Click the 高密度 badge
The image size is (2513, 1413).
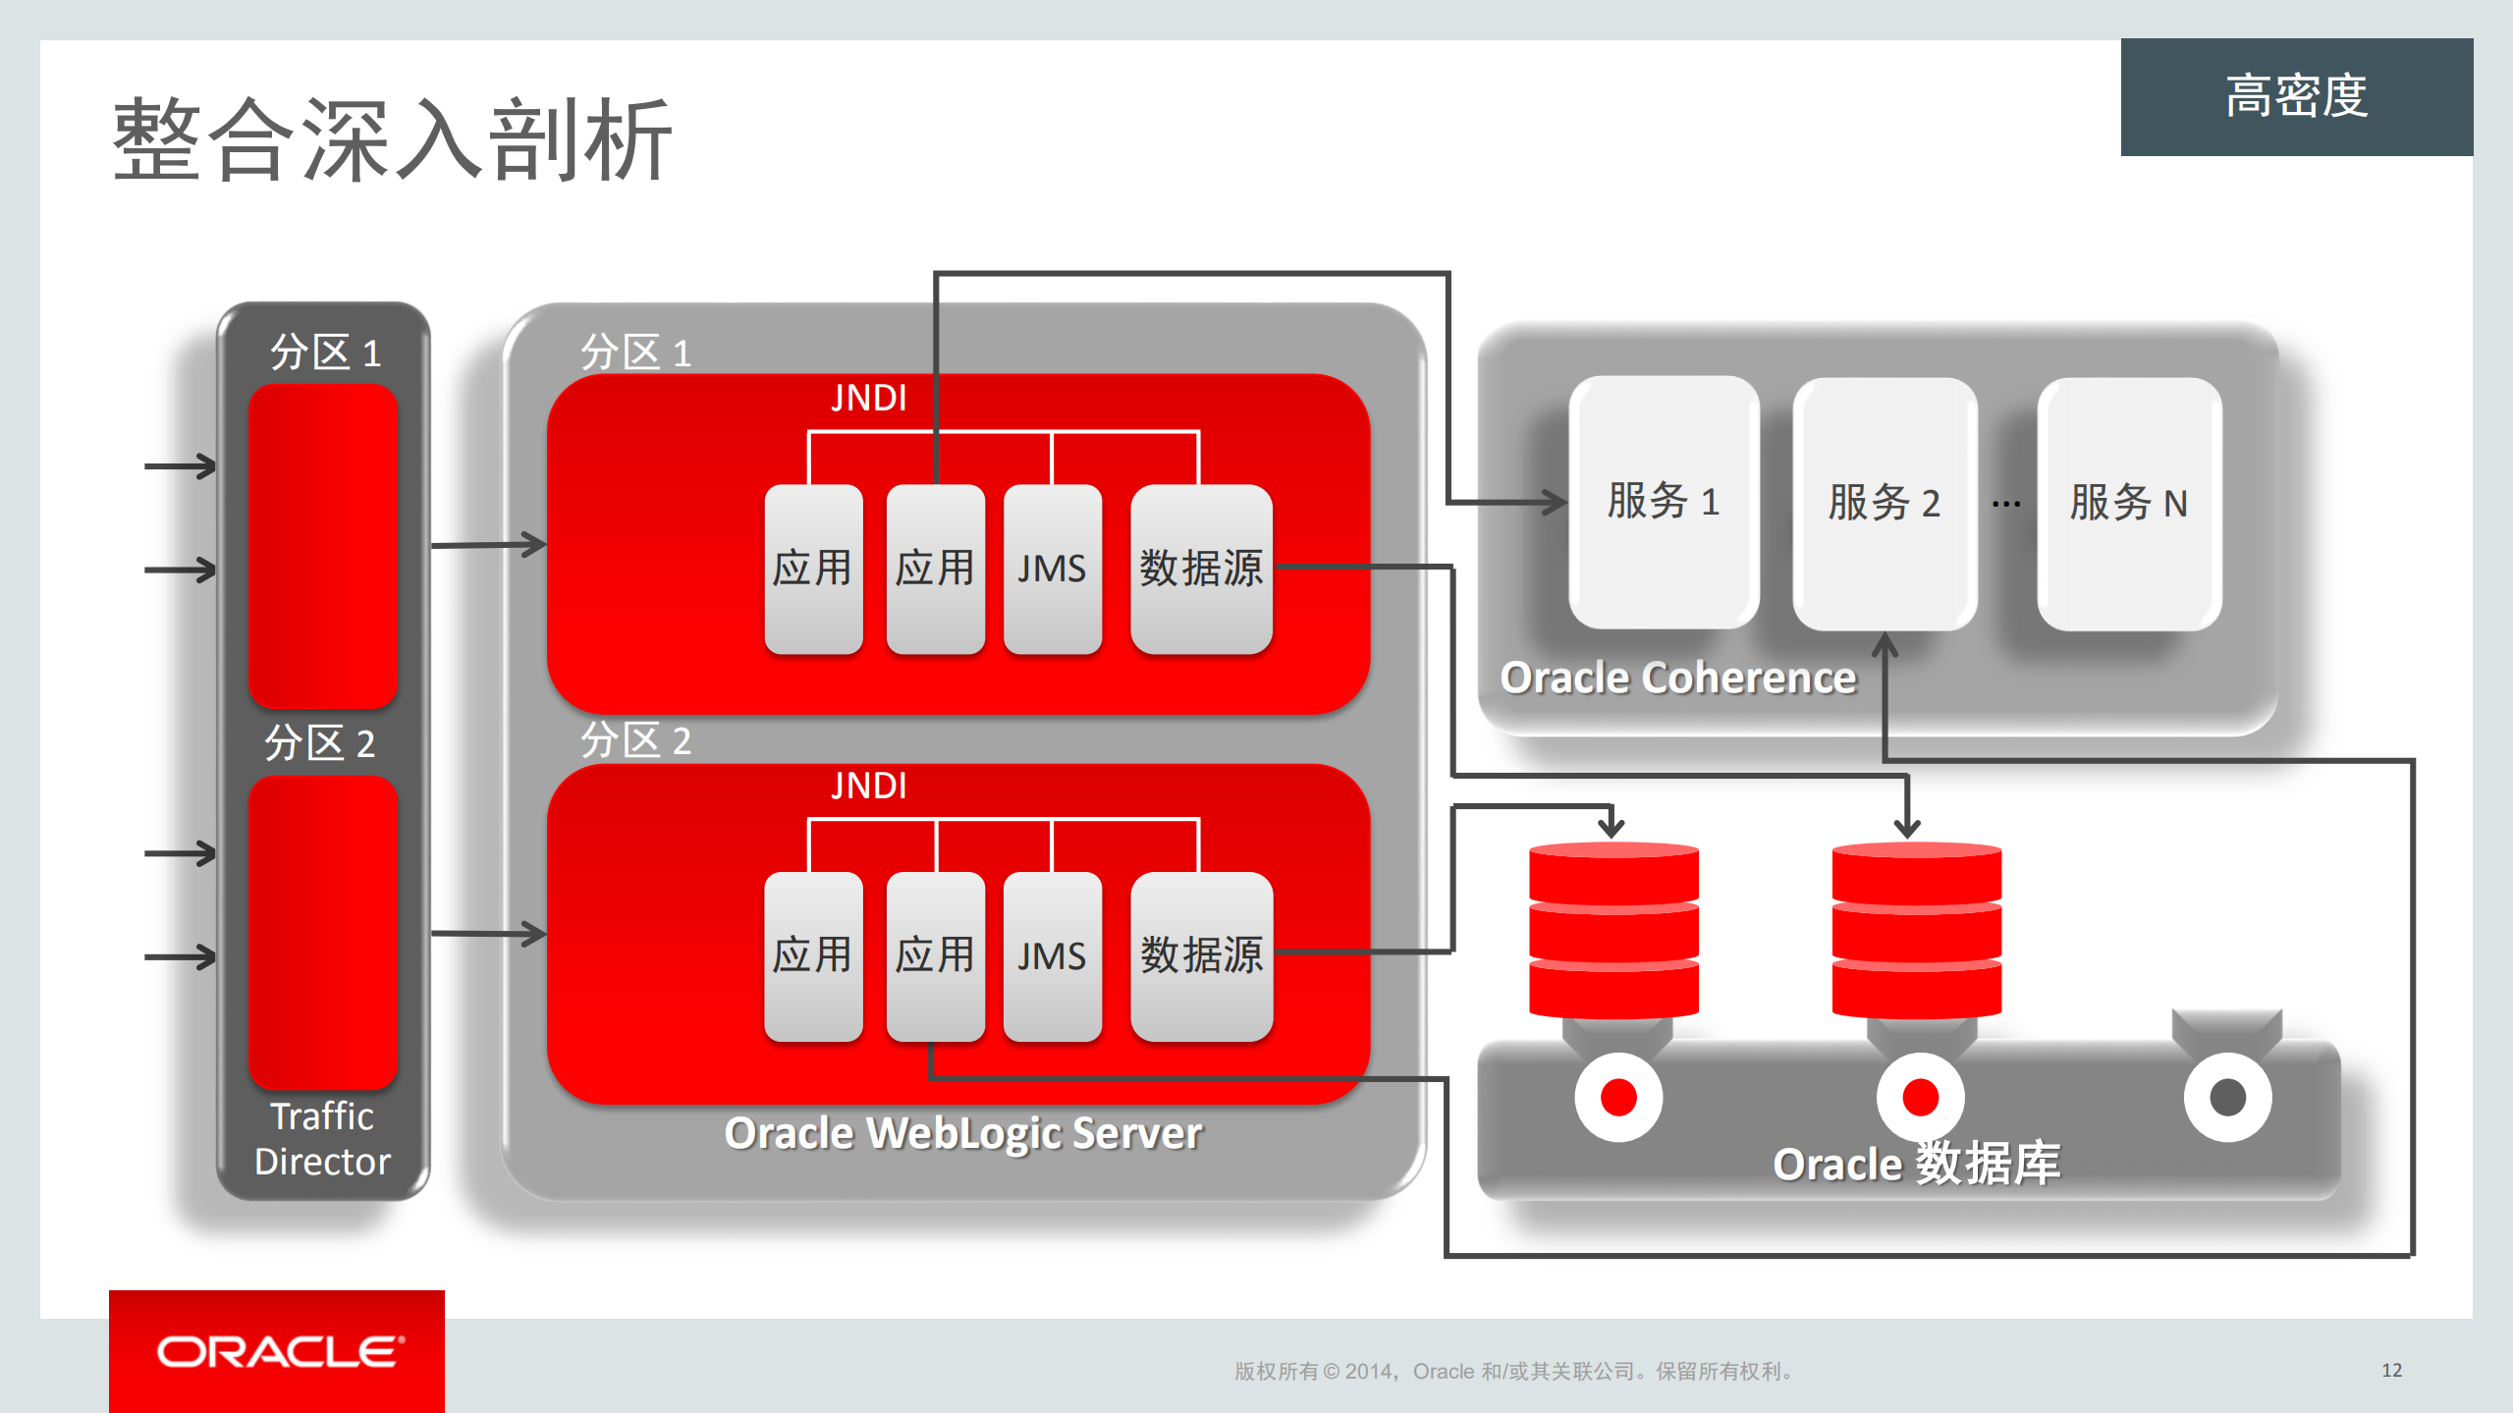tap(2296, 96)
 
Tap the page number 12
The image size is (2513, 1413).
tap(2391, 1370)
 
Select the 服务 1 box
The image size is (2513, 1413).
tap(1663, 502)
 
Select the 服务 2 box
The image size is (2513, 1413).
tap(1884, 503)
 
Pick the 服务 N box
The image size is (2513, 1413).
tap(2128, 503)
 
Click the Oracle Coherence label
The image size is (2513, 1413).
tap(1677, 678)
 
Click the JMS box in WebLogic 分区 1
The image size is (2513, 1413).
tap(1052, 569)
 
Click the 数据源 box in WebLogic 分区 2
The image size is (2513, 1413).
tap(1201, 955)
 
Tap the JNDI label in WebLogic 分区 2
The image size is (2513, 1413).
tap(868, 786)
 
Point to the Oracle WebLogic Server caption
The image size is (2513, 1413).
tap(962, 1133)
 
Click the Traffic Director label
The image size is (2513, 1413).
tap(322, 1139)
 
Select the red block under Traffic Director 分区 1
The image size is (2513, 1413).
tap(322, 545)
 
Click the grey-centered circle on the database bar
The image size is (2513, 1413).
tap(2227, 1097)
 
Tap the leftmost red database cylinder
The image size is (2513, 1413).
tap(1613, 930)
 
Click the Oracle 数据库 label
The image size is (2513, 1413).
tap(1916, 1165)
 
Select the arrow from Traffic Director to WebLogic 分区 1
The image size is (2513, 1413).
tap(488, 544)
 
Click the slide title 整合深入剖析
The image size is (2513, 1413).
tap(392, 139)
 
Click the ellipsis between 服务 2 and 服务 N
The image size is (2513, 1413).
tap(2006, 504)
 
